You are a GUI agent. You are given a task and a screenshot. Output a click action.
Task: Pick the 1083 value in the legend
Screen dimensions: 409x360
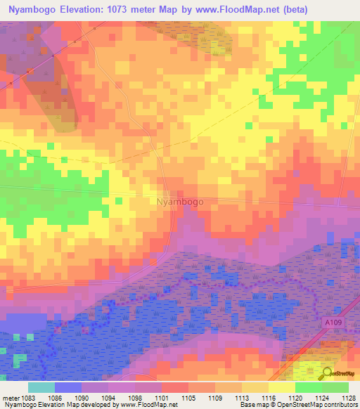(28, 398)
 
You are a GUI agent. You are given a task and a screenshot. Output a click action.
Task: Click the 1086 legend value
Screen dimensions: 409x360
(54, 398)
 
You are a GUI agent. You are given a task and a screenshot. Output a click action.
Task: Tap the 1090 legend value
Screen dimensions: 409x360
(82, 398)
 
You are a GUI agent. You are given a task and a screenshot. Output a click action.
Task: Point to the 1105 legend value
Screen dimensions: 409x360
(188, 398)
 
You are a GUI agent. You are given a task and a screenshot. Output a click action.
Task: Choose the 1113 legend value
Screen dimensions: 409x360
(241, 398)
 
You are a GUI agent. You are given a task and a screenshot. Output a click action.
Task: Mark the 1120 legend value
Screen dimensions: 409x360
(295, 398)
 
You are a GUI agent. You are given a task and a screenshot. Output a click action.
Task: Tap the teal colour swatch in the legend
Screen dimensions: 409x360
(41, 387)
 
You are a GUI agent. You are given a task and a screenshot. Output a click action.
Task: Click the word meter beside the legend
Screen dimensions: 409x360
(9, 398)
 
